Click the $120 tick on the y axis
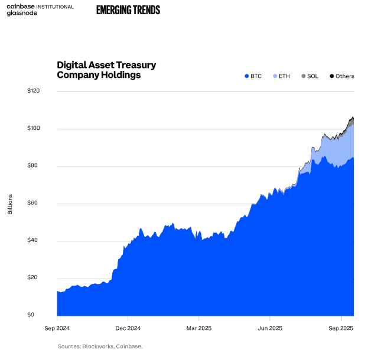(34, 91)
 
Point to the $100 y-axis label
(34, 128)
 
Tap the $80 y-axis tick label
(34, 166)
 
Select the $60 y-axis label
(34, 203)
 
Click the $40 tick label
(34, 240)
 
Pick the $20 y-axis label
(34, 277)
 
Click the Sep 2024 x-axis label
(57, 328)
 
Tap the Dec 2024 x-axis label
(128, 328)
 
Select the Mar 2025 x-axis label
(199, 328)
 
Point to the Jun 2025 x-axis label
(270, 328)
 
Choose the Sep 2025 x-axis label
(341, 328)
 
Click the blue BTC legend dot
(246, 76)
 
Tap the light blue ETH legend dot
(275, 76)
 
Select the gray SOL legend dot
(303, 76)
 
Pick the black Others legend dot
(331, 76)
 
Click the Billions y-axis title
(10, 204)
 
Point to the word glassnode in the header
(22, 13)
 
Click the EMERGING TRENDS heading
(128, 9)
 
